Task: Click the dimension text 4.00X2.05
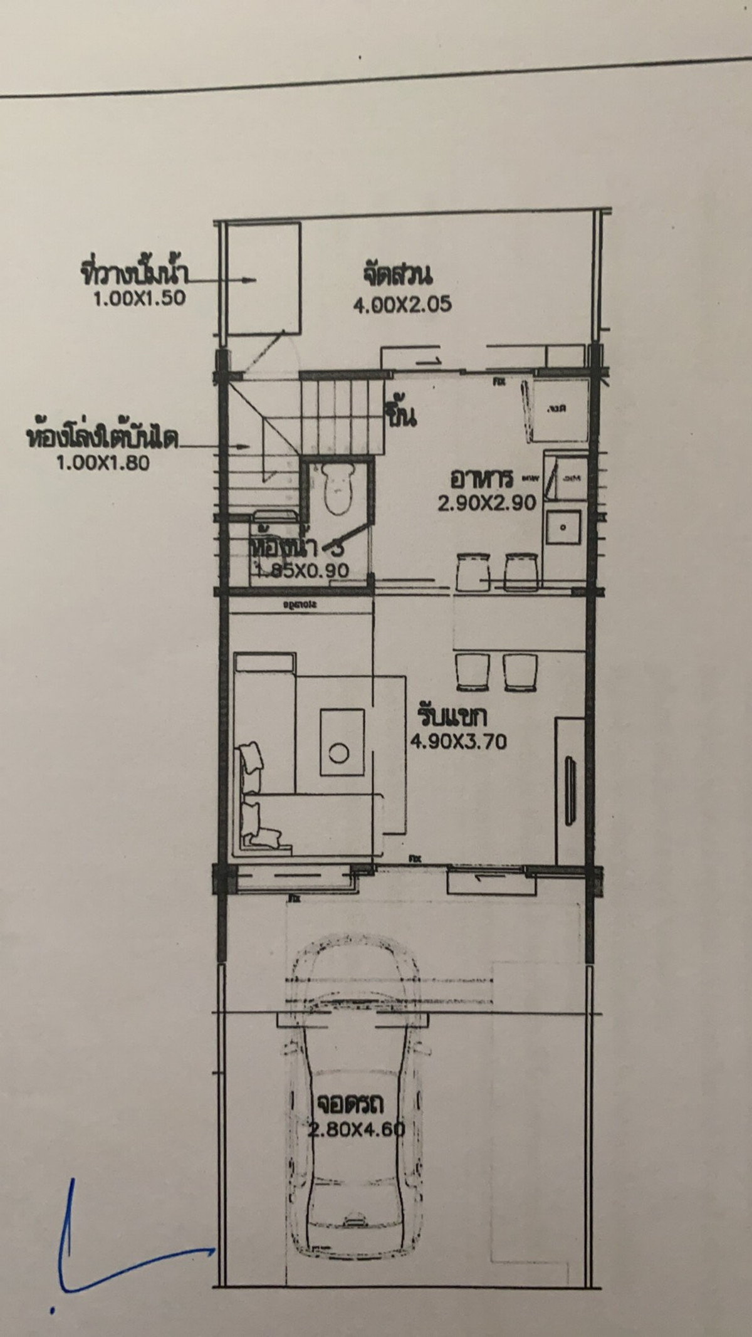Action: pos(402,305)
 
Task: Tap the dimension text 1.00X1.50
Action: pos(139,298)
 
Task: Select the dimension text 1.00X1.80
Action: pos(103,463)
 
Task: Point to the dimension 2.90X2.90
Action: pos(487,503)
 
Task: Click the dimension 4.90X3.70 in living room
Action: pos(458,742)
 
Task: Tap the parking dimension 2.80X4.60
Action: pos(357,1130)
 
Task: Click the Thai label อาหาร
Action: pos(481,478)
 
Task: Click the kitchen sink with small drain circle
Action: pos(563,527)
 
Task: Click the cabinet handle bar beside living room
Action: pos(570,790)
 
